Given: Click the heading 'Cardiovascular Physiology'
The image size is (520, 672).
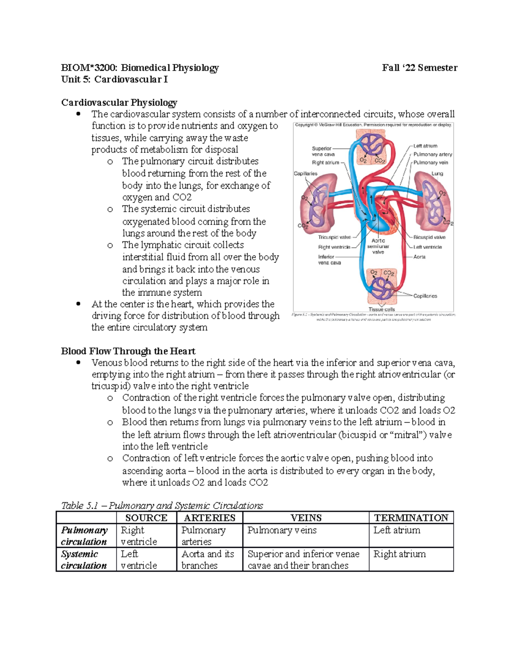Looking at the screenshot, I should [119, 103].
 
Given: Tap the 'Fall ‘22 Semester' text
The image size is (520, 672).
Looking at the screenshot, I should [419, 68].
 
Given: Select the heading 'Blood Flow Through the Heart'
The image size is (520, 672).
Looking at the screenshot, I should [128, 351].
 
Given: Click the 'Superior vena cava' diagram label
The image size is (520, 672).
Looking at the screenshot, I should [322, 151].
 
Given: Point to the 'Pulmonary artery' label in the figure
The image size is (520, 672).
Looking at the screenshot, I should [432, 154].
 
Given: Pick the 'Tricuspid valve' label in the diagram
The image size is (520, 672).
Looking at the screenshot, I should [334, 237].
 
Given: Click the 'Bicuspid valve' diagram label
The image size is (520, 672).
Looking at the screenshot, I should [429, 237].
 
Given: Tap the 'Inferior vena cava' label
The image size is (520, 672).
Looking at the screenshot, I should [329, 260].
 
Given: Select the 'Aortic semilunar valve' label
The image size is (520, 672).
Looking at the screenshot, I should [378, 246].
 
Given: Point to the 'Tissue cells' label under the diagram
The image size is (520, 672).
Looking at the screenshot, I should [381, 309].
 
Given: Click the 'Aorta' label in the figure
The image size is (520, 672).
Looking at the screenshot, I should [419, 257].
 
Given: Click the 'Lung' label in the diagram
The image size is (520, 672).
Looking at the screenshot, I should [437, 174].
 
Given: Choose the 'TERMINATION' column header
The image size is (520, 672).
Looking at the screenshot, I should [411, 518].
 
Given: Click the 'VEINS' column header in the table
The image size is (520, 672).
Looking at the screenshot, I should [305, 518].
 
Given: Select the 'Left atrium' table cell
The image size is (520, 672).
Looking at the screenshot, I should [396, 530].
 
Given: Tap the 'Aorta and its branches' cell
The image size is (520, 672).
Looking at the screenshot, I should [208, 559].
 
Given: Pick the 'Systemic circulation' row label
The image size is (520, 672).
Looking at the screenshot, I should [83, 559].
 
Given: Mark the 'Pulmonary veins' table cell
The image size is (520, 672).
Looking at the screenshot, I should [282, 530].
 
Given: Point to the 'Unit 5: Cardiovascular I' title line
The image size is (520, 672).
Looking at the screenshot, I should [114, 79].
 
